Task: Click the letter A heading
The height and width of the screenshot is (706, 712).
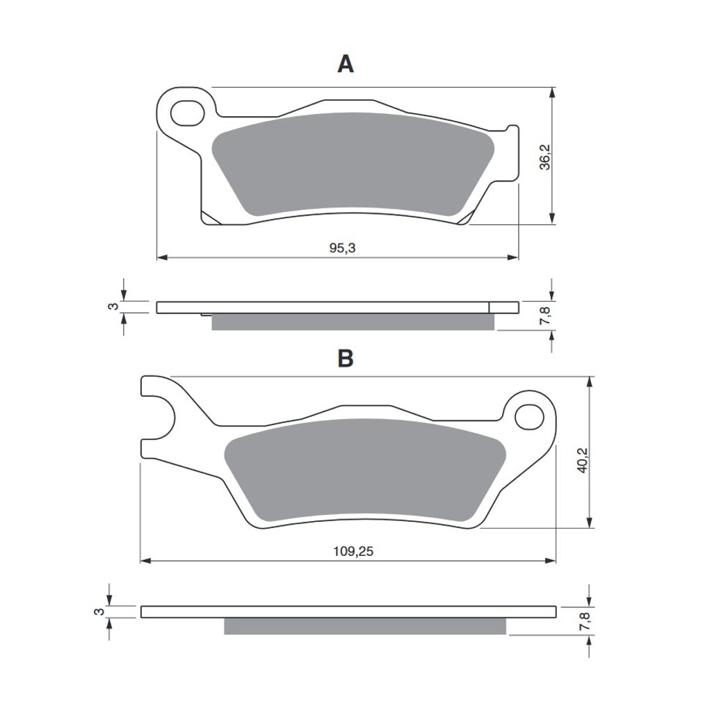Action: click(346, 64)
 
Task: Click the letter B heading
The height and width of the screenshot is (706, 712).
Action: click(346, 359)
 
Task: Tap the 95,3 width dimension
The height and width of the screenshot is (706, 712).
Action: click(342, 248)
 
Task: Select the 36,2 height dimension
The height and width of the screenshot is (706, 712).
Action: click(544, 157)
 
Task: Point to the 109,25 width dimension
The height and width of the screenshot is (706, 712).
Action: click(353, 551)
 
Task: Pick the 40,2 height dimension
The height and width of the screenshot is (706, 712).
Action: click(582, 460)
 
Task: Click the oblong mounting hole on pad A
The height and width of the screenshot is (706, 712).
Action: click(187, 113)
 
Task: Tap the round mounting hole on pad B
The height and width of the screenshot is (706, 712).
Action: click(529, 416)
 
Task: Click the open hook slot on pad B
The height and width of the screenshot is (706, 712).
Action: click(157, 417)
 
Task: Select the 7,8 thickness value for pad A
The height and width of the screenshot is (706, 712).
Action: click(545, 315)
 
